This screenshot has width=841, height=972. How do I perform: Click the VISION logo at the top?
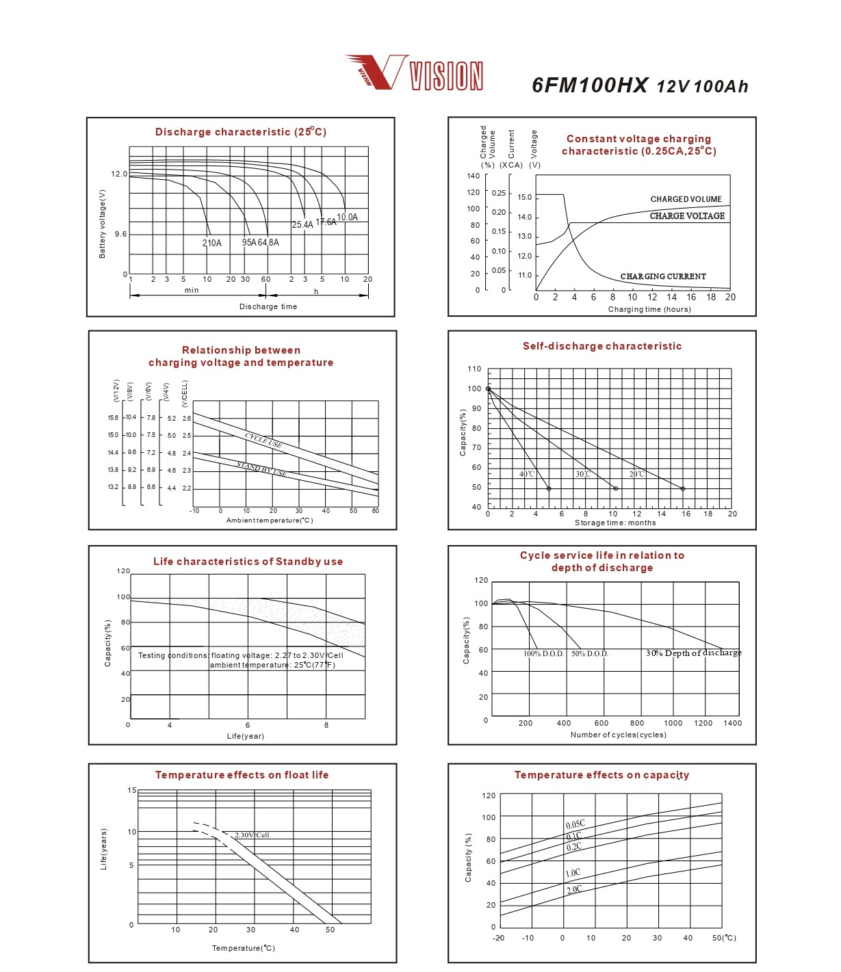(x=415, y=73)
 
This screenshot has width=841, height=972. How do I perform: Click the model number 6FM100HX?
(x=590, y=85)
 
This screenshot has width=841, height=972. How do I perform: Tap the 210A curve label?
(x=212, y=243)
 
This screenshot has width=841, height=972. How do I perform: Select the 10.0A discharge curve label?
(x=347, y=218)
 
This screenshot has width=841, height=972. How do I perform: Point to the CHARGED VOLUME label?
(x=686, y=199)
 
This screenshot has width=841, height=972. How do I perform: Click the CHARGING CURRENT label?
(x=662, y=276)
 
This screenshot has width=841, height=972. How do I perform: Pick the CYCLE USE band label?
(x=263, y=441)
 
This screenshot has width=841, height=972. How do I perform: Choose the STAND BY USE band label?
(x=261, y=469)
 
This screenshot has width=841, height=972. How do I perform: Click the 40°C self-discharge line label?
(x=527, y=474)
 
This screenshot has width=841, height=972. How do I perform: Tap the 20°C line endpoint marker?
(x=683, y=488)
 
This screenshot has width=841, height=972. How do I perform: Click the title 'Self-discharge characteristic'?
(x=602, y=346)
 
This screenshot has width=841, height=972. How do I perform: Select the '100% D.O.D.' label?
(x=543, y=654)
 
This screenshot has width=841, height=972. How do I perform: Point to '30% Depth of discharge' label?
(x=693, y=653)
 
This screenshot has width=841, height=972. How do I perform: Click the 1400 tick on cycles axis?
(x=732, y=723)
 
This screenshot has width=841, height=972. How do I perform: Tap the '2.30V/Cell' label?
(x=252, y=835)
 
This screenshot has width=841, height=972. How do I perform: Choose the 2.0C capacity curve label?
(x=574, y=889)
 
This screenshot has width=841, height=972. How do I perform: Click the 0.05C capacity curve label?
(x=575, y=824)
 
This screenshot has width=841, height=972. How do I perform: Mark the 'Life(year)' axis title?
(x=246, y=736)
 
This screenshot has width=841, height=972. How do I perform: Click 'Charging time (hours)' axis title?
(x=649, y=309)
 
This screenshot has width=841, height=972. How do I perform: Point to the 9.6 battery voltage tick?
(x=120, y=235)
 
